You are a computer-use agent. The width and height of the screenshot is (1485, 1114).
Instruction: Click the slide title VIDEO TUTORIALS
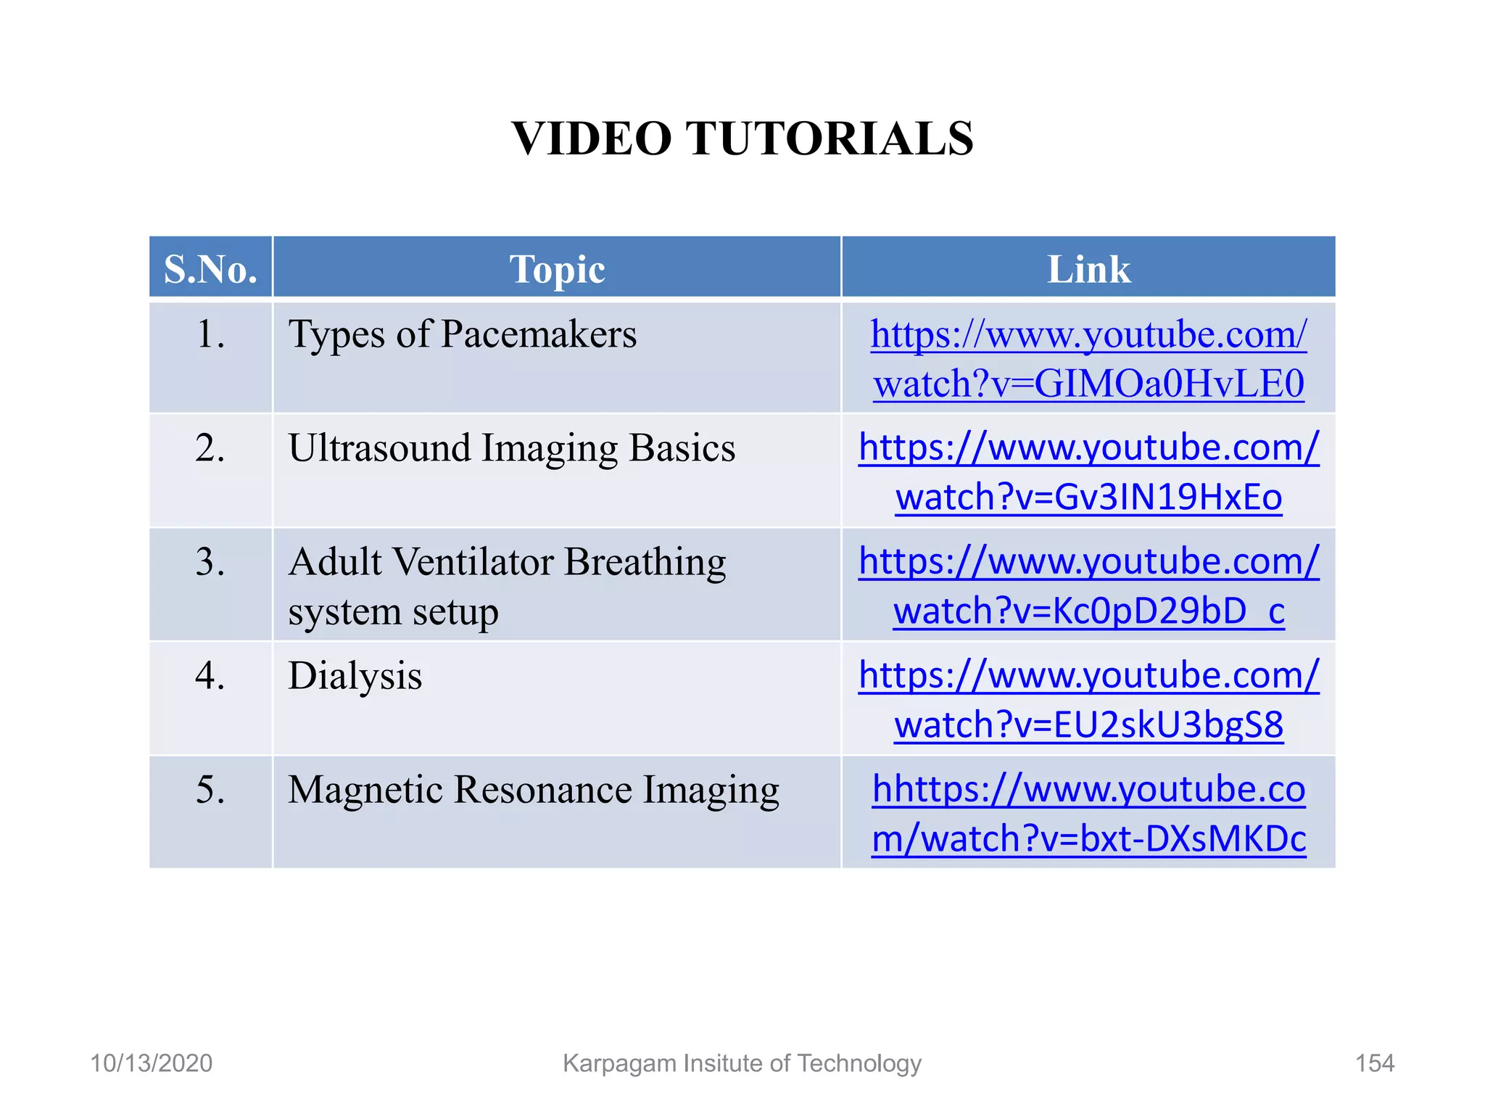click(x=742, y=139)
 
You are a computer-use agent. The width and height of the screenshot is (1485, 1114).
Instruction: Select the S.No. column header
click(x=210, y=269)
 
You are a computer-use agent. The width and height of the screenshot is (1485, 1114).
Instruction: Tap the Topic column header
click(x=557, y=269)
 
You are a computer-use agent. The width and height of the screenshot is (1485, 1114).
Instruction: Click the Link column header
click(x=1088, y=269)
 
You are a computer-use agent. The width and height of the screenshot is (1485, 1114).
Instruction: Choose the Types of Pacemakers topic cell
click(x=463, y=335)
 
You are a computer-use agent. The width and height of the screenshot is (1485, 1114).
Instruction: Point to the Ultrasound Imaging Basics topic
click(x=511, y=448)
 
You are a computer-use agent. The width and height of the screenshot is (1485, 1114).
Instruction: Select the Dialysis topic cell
click(x=355, y=676)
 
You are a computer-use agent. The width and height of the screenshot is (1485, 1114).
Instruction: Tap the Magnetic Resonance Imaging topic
click(x=533, y=790)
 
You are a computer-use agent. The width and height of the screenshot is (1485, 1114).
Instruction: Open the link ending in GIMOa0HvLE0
click(x=1088, y=383)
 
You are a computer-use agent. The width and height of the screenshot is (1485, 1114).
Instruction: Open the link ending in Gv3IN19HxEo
click(x=1088, y=497)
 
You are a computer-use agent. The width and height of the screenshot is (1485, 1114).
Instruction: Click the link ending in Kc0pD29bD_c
click(x=1088, y=611)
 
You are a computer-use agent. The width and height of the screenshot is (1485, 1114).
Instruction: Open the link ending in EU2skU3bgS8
click(x=1088, y=725)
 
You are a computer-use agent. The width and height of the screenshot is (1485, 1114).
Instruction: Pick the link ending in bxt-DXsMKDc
click(x=1088, y=838)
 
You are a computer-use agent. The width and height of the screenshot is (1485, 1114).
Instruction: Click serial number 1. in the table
click(x=210, y=335)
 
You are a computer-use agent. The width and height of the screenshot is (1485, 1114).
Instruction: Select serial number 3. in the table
click(x=210, y=562)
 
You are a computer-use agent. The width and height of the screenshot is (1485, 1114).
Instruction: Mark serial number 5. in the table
click(x=210, y=790)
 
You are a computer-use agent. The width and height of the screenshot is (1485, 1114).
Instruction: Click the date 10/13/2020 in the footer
click(x=151, y=1063)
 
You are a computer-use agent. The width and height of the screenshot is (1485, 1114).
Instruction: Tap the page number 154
click(x=1375, y=1063)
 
